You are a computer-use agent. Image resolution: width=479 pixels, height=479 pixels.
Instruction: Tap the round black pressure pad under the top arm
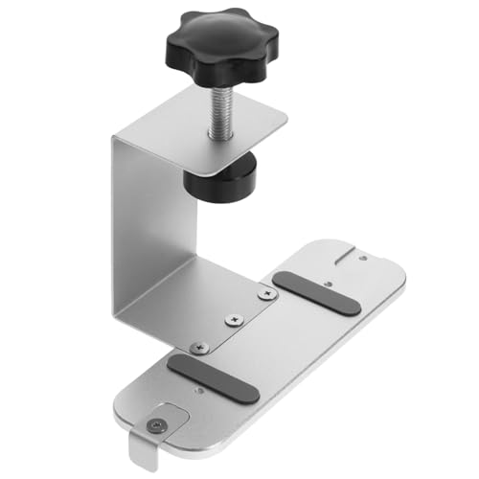(222, 180)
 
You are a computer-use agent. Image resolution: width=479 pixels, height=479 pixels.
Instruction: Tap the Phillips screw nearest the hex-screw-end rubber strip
(198, 345)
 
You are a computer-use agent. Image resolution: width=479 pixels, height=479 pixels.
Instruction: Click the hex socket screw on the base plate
(156, 423)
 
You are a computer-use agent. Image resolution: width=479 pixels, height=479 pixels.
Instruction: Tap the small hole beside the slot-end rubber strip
(328, 284)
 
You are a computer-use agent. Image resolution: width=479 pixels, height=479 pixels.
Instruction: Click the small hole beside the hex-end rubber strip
(198, 390)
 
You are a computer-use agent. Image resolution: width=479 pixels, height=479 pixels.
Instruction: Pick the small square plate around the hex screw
(157, 422)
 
